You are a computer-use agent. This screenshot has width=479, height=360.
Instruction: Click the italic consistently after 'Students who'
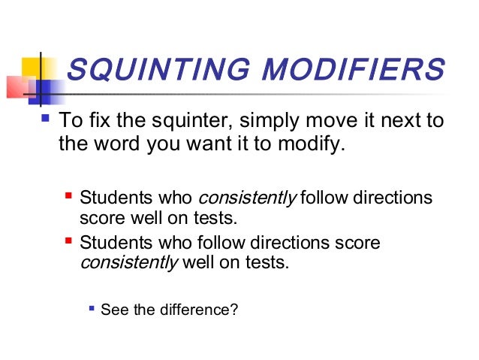click(x=248, y=198)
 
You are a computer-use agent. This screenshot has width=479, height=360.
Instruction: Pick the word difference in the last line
click(x=193, y=307)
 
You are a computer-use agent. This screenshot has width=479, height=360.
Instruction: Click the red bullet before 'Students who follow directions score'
click(x=69, y=242)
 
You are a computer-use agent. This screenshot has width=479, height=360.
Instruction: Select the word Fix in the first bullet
click(x=97, y=121)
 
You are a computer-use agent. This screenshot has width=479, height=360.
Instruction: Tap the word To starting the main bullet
click(x=69, y=121)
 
